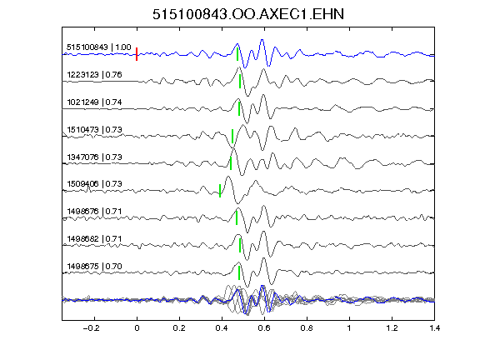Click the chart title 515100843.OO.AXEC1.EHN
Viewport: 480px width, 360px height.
pyautogui.click(x=248, y=14)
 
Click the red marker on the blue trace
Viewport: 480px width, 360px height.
pyautogui.click(x=137, y=54)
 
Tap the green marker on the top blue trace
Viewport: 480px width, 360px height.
pyautogui.click(x=237, y=54)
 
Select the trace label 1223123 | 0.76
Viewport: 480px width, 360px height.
pyautogui.click(x=94, y=75)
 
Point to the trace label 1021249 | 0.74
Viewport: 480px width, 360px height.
pyautogui.click(x=94, y=102)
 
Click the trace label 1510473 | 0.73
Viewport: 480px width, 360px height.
pyautogui.click(x=94, y=130)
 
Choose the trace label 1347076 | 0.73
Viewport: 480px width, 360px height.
pyautogui.click(x=94, y=157)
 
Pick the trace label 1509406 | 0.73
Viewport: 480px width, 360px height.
pyautogui.click(x=94, y=184)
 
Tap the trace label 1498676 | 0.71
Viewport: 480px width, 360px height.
pyautogui.click(x=94, y=212)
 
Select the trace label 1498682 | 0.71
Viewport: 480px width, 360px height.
pyautogui.click(x=94, y=239)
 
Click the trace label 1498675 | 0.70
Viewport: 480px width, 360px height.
pyautogui.click(x=94, y=267)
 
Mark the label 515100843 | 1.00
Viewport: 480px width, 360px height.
pyautogui.click(x=99, y=47)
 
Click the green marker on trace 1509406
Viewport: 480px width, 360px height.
pyautogui.click(x=220, y=191)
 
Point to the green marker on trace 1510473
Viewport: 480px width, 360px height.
pyautogui.click(x=232, y=136)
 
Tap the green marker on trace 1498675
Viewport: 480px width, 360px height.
pyautogui.click(x=239, y=272)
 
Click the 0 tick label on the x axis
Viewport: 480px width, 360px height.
pyautogui.click(x=137, y=328)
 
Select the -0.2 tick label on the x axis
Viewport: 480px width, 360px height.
pyautogui.click(x=92, y=328)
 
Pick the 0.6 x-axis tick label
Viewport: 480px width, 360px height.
pyautogui.click(x=264, y=328)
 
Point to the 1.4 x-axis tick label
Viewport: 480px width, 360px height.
pyautogui.click(x=434, y=328)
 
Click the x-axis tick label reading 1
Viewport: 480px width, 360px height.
pyautogui.click(x=349, y=328)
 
